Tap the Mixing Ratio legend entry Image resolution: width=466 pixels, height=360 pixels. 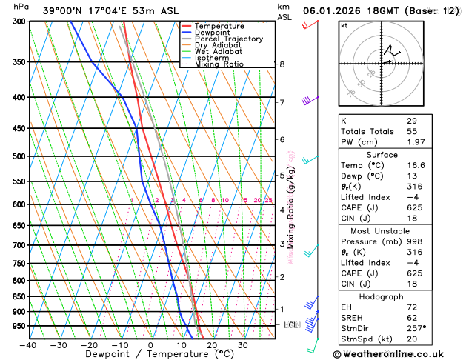tap(219, 64)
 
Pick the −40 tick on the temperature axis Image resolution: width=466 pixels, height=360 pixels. tap(28, 345)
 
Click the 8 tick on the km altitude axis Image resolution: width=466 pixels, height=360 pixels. tap(282, 64)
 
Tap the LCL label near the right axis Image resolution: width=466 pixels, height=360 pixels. tap(291, 325)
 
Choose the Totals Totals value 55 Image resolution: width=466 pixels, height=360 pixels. tap(412, 131)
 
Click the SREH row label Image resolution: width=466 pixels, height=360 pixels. tap(354, 317)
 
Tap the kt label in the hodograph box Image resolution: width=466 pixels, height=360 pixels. tap(344, 25)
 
